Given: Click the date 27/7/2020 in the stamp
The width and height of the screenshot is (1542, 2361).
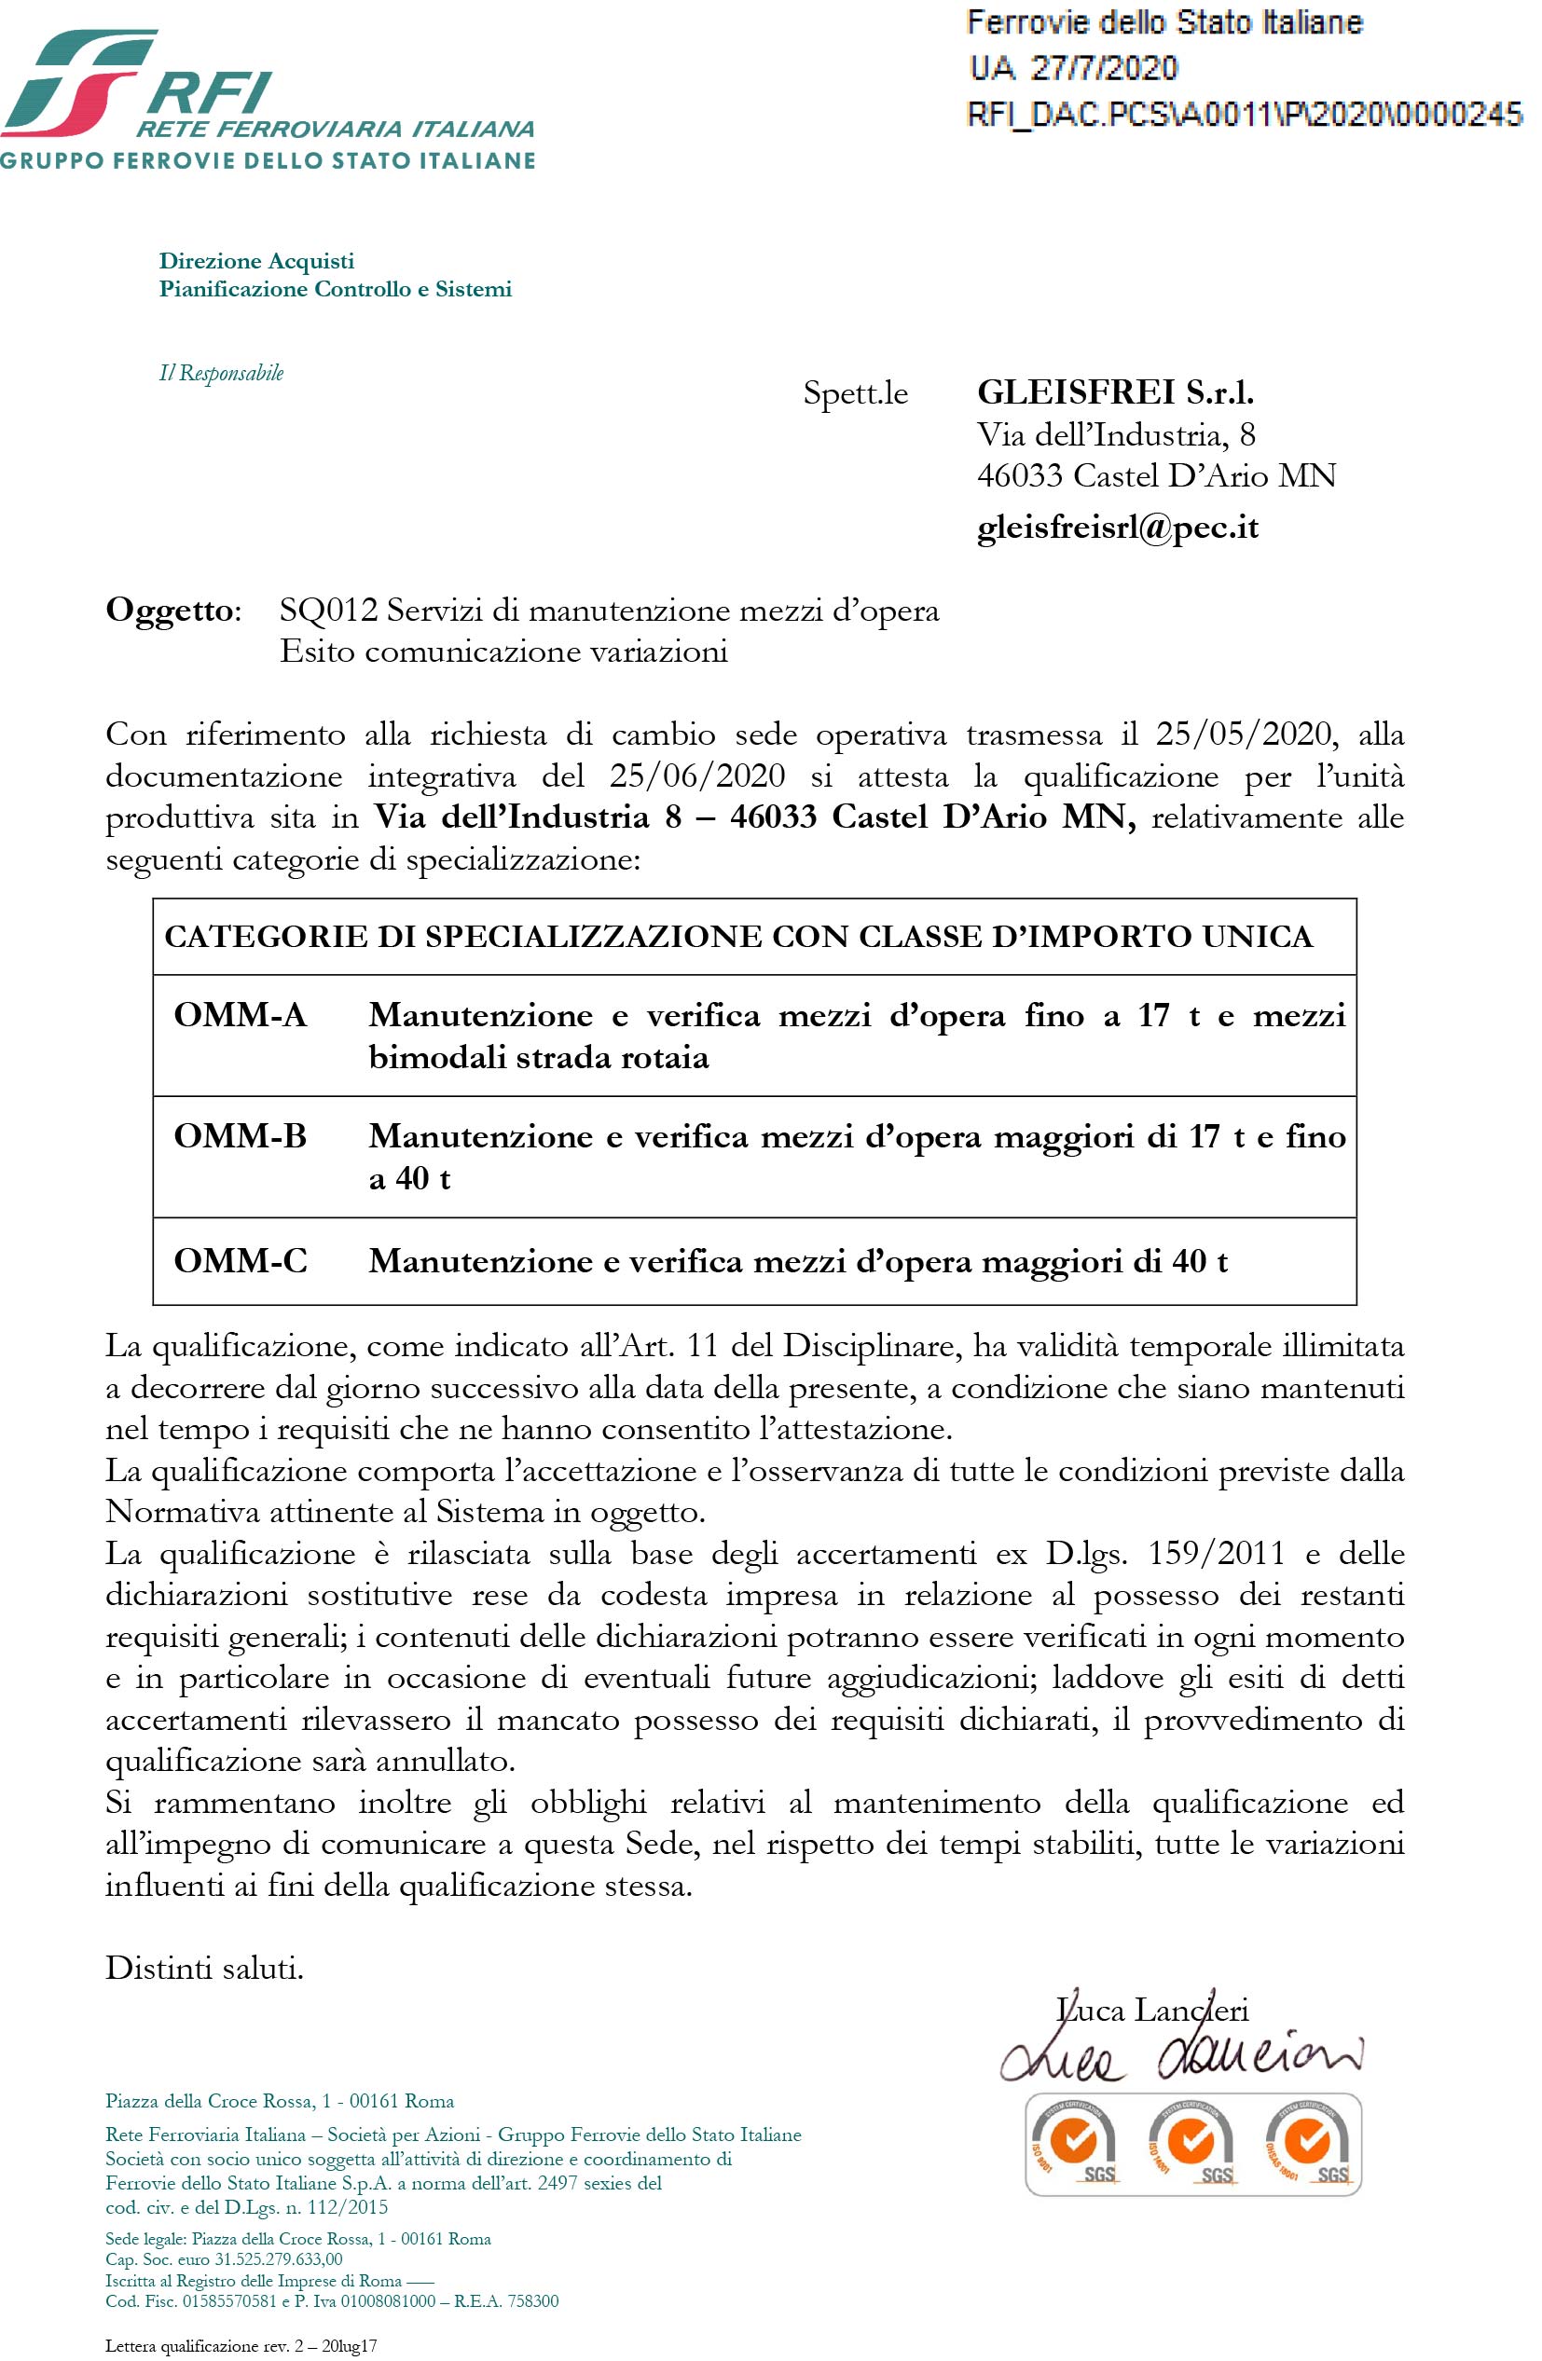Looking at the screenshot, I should point(1104,68).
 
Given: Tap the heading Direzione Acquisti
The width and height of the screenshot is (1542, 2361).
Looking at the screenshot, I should point(256,261).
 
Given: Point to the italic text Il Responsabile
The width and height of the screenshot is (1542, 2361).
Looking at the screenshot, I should point(221,373).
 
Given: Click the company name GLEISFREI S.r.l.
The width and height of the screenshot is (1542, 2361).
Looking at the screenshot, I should point(1115,392).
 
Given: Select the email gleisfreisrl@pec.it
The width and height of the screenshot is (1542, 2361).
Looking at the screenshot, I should point(1117,527).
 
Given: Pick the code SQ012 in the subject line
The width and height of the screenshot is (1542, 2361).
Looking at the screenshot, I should point(328,611).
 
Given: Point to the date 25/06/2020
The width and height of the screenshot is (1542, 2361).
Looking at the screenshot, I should point(696,776).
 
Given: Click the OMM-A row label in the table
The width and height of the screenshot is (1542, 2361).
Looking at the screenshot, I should point(241,1015).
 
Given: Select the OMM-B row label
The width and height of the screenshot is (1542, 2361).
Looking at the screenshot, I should point(241,1136).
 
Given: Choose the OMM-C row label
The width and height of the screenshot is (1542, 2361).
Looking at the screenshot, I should point(241,1261).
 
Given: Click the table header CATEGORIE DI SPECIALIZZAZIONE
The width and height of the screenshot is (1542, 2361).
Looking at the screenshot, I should point(738,937).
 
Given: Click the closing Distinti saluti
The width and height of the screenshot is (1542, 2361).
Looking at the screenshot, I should point(204,1969).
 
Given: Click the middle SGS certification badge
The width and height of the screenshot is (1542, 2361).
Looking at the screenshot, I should point(1191,2146).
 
